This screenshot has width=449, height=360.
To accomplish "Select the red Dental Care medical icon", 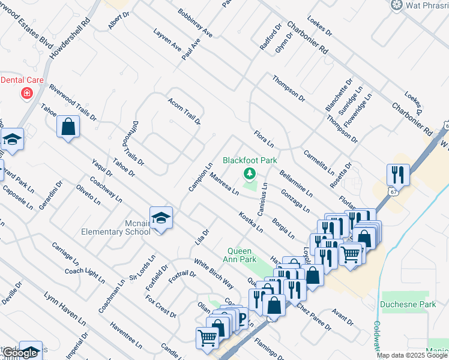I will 26,93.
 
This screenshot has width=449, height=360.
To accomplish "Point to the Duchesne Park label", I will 408,304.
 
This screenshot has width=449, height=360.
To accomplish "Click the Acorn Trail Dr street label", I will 184,111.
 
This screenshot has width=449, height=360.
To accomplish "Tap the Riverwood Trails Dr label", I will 73,103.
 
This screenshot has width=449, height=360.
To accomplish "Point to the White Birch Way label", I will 213,273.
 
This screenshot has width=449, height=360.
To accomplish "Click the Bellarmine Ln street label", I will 296,184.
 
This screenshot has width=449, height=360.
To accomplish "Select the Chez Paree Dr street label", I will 313,316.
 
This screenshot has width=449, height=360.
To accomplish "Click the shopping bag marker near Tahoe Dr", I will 68,127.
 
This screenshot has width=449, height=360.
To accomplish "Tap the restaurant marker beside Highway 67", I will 398,175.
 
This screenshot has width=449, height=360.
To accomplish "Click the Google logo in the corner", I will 20,353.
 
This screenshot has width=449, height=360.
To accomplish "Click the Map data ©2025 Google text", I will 412,355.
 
